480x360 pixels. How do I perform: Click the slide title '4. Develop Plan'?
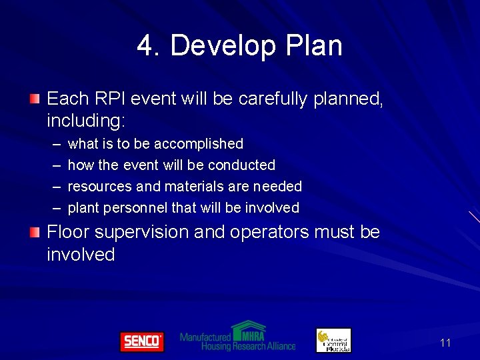click(239, 46)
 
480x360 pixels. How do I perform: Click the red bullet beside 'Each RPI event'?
click(34, 99)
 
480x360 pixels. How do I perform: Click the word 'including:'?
click(87, 121)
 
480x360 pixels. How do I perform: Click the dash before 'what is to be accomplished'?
click(55, 144)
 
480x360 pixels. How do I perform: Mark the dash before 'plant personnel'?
click(55, 208)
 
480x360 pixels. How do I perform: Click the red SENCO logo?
click(141, 341)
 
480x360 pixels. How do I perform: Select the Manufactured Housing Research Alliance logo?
click(238, 337)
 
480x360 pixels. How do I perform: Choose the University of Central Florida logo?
click(333, 340)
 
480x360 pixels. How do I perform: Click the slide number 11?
click(445, 343)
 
